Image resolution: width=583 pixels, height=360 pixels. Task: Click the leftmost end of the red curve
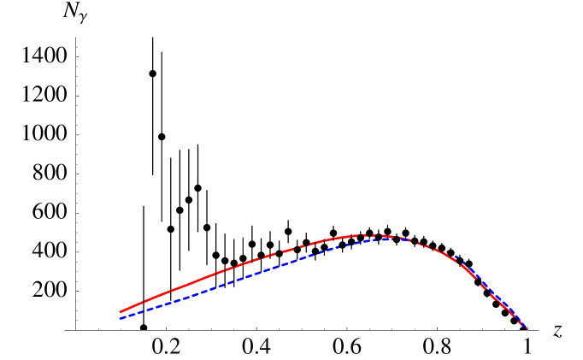[x=120, y=312]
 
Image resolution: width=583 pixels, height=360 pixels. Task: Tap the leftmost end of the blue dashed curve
[x=120, y=318]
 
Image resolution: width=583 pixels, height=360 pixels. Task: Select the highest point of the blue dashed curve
[x=389, y=239]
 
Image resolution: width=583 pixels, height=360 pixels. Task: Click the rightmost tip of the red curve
[x=527, y=329]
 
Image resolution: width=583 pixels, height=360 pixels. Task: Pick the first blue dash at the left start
[x=124, y=317]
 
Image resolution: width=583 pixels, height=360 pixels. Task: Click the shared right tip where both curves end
[x=527, y=329]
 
